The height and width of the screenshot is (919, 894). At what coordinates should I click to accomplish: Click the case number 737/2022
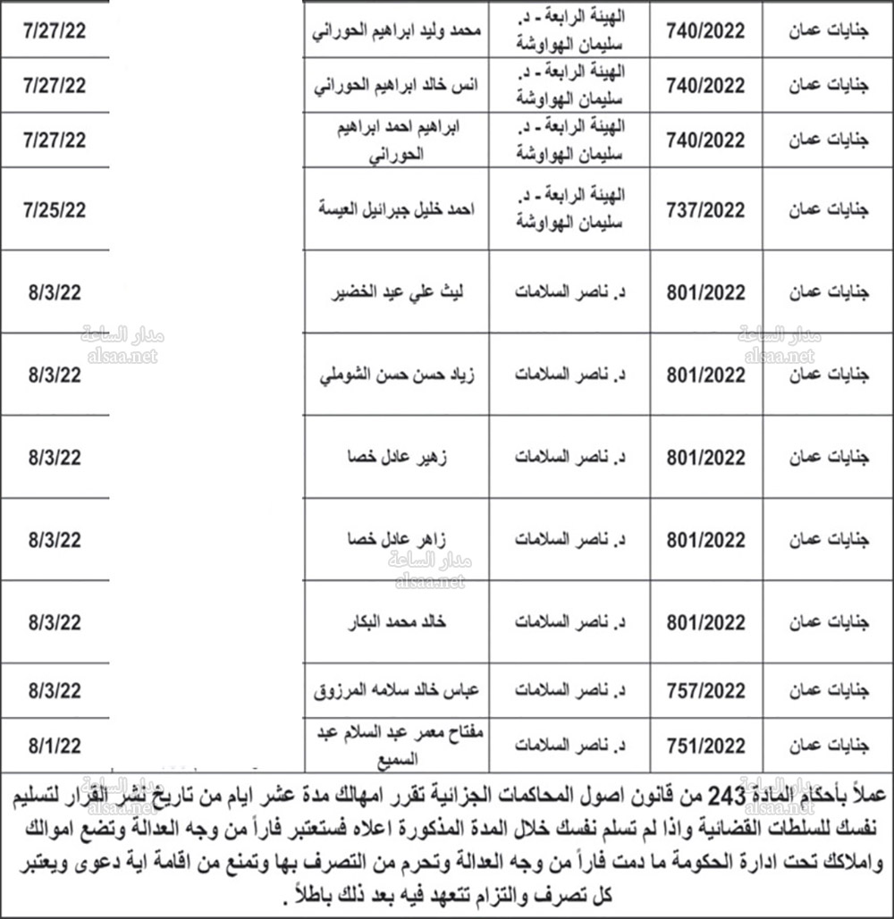click(706, 210)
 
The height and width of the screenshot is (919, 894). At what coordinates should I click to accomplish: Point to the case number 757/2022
click(706, 691)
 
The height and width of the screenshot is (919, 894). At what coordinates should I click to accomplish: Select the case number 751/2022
click(706, 743)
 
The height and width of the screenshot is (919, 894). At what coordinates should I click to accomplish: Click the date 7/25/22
click(55, 210)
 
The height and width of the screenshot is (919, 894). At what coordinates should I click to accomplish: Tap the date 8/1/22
click(55, 743)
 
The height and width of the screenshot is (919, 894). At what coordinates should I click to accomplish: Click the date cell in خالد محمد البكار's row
click(55, 622)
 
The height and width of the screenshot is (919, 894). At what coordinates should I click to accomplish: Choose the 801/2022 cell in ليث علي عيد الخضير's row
click(706, 292)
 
